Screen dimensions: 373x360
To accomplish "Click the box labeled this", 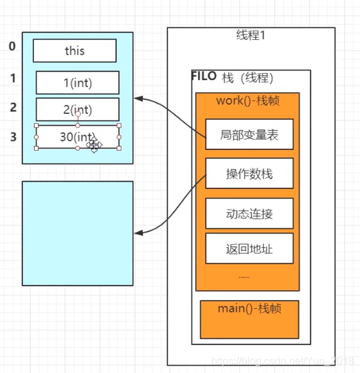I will pos(74,50).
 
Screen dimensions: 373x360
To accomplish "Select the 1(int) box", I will pos(78,83).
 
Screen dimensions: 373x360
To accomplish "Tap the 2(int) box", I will pos(78,110).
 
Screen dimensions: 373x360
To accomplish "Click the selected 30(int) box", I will pos(78,137).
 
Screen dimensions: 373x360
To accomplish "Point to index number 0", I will pos(12,46).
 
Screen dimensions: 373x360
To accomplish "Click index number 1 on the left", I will pos(12,79).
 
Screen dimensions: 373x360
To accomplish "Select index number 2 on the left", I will pos(12,107).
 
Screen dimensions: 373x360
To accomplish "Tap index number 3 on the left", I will pos(12,136).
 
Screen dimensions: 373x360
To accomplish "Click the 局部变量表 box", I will pos(249,134).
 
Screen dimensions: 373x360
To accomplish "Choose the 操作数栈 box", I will pos(249,173).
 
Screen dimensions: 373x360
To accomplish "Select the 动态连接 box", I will pos(249,213).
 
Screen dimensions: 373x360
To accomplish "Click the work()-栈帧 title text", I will pos(248,101).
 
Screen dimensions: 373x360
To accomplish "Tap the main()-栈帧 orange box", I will pos(249,318).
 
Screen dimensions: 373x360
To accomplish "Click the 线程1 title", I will pos(250,36).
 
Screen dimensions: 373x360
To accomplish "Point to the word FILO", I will pos(203,76).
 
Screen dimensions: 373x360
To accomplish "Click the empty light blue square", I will pos(78,233).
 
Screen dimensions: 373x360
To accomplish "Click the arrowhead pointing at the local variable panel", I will pos(138,99).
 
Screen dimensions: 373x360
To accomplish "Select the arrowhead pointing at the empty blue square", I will pos(138,233).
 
